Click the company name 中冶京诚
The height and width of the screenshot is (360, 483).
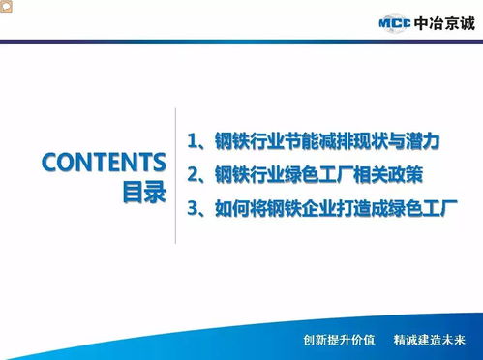pos(442,23)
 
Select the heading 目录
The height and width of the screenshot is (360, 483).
pos(143,191)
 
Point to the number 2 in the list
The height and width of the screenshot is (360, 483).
pos(194,174)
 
